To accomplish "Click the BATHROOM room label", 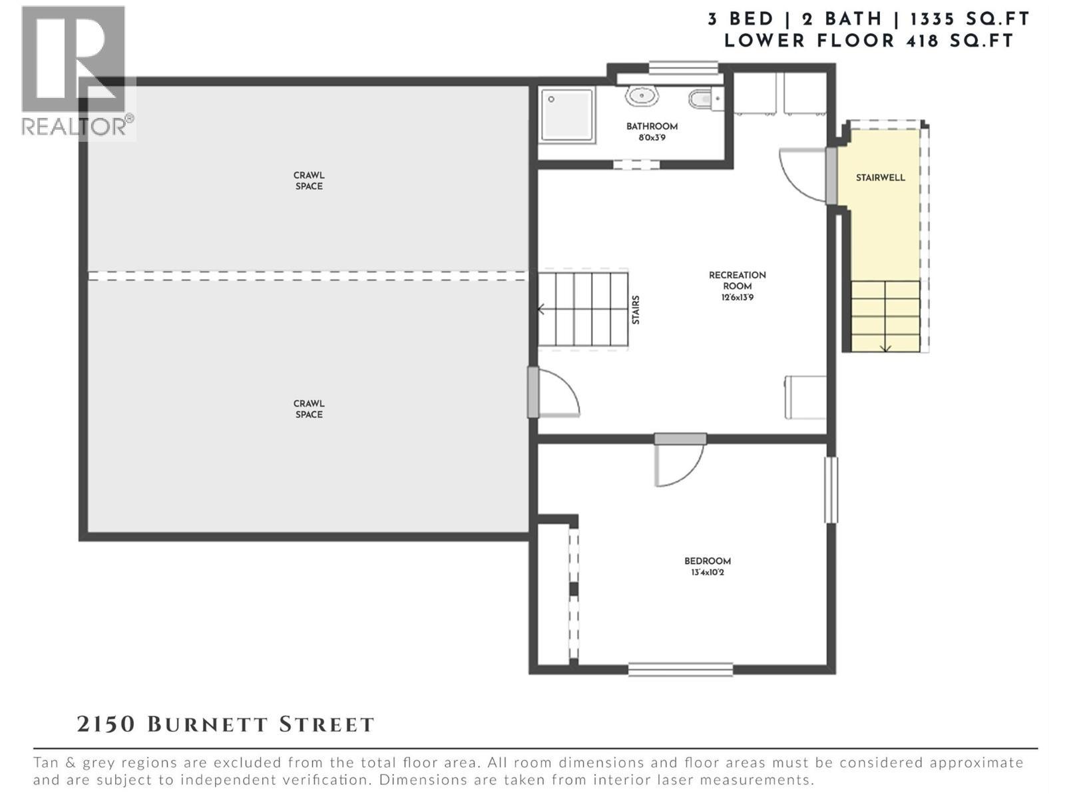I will pos(652,127).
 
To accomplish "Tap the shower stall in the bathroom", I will pos(567,115).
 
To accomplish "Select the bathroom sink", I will pos(642,97).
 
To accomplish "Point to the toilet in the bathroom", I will pos(703,99).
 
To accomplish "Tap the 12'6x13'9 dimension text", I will pos(737,298).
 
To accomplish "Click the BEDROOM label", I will pos(708,561).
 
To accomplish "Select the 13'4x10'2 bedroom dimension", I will pos(708,573).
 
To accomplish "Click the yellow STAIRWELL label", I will pos(880,178).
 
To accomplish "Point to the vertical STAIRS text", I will pos(636,310).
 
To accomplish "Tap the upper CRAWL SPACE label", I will pos(309,181).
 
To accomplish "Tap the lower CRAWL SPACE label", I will pos(309,409).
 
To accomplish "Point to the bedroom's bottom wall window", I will pos(680,669).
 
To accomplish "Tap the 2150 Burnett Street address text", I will pos(226,724).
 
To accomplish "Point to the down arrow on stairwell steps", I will pos(886,347).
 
